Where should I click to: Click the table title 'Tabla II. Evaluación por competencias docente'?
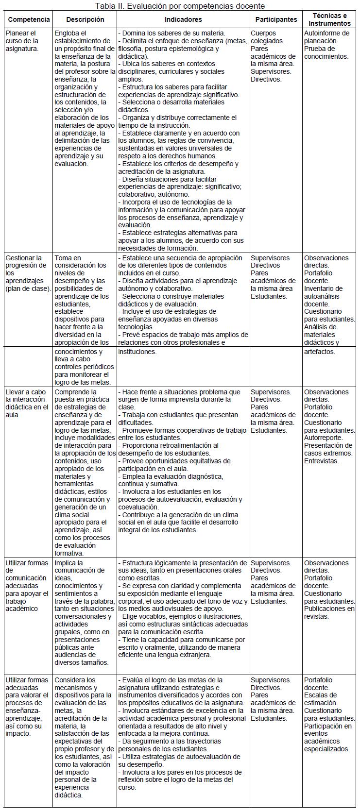coord(180,6)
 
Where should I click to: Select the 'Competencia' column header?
coord(29,20)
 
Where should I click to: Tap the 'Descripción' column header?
coord(85,20)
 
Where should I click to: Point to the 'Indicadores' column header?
coord(183,20)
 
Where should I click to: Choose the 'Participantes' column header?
coord(275,20)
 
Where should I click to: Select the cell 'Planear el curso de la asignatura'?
coord(22,41)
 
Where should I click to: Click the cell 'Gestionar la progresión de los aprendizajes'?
coord(27,273)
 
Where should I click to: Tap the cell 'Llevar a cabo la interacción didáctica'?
coord(27,403)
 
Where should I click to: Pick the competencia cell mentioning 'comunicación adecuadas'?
coord(27,586)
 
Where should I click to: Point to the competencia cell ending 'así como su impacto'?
coord(27,707)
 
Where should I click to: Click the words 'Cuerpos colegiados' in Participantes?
coord(267,37)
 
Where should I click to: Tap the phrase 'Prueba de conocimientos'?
coord(326,52)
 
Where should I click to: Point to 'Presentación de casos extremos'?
coord(328,449)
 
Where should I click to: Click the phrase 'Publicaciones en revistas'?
coord(329,612)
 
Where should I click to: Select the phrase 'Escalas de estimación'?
coord(321,699)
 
